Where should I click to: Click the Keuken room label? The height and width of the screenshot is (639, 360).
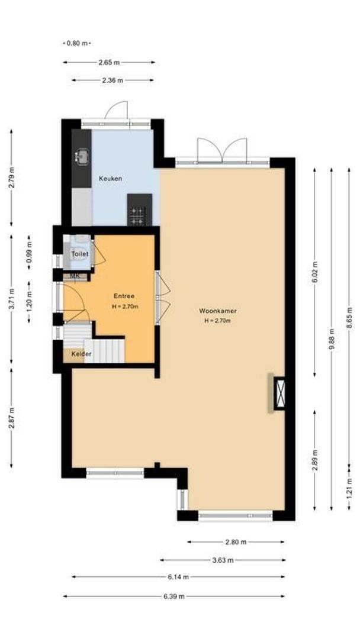click(111, 179)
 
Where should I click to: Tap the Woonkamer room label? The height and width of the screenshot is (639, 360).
click(218, 311)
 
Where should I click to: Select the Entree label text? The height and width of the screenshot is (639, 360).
click(124, 296)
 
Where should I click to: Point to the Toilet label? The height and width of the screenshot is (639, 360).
click(80, 254)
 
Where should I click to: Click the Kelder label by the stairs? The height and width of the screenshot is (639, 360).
click(82, 354)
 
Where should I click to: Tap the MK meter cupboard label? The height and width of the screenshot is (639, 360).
click(75, 276)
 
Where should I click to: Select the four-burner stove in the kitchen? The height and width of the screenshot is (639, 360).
click(138, 215)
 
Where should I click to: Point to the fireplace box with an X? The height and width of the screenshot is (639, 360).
click(279, 393)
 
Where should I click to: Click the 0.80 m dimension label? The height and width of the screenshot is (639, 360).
click(77, 43)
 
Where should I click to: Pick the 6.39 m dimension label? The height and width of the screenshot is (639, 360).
click(174, 596)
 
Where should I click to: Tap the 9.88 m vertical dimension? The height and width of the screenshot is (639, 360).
click(332, 339)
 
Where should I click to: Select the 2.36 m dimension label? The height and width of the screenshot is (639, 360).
click(112, 80)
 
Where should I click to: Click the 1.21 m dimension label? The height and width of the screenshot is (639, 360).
click(349, 488)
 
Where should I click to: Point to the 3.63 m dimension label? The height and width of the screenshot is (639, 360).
click(223, 560)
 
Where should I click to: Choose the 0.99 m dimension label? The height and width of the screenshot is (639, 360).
click(29, 252)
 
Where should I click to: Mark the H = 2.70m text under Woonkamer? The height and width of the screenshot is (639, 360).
click(218, 321)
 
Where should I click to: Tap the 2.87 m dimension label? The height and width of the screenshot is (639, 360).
click(11, 418)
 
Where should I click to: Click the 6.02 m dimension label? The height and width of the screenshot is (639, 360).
click(315, 272)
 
